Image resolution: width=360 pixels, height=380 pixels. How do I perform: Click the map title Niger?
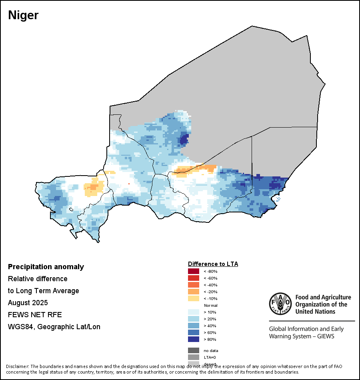tap(23, 16)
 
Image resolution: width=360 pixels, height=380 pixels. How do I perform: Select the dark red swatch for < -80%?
tap(194, 271)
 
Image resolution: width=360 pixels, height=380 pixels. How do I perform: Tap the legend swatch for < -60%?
tap(194, 278)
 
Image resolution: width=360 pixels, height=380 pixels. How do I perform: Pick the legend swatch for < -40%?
tap(194, 285)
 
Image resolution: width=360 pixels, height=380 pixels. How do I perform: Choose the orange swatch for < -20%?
tap(194, 292)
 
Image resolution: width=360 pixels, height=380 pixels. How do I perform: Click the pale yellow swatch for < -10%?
tap(194, 298)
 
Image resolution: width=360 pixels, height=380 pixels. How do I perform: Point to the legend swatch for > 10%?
tap(194, 312)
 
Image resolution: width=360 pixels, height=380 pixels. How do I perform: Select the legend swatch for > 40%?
tap(194, 326)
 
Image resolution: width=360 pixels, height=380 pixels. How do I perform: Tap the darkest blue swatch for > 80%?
tap(194, 339)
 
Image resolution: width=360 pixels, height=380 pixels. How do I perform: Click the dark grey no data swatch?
tap(194, 350)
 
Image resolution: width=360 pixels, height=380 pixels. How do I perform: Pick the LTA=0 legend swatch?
tap(194, 357)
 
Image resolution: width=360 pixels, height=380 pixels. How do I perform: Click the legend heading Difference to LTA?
tap(213, 264)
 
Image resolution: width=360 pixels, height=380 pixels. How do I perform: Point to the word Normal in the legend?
tap(210, 305)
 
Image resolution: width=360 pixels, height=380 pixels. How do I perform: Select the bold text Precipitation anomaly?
tap(46, 267)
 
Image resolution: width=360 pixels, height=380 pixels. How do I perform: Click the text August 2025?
tap(28, 302)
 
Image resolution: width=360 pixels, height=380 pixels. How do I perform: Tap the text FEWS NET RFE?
tap(35, 314)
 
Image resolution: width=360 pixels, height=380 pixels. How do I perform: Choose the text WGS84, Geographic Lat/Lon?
tap(54, 327)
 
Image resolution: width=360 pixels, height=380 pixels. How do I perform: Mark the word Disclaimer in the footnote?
tap(17, 366)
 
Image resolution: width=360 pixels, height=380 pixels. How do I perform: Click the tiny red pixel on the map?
tap(129, 184)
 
